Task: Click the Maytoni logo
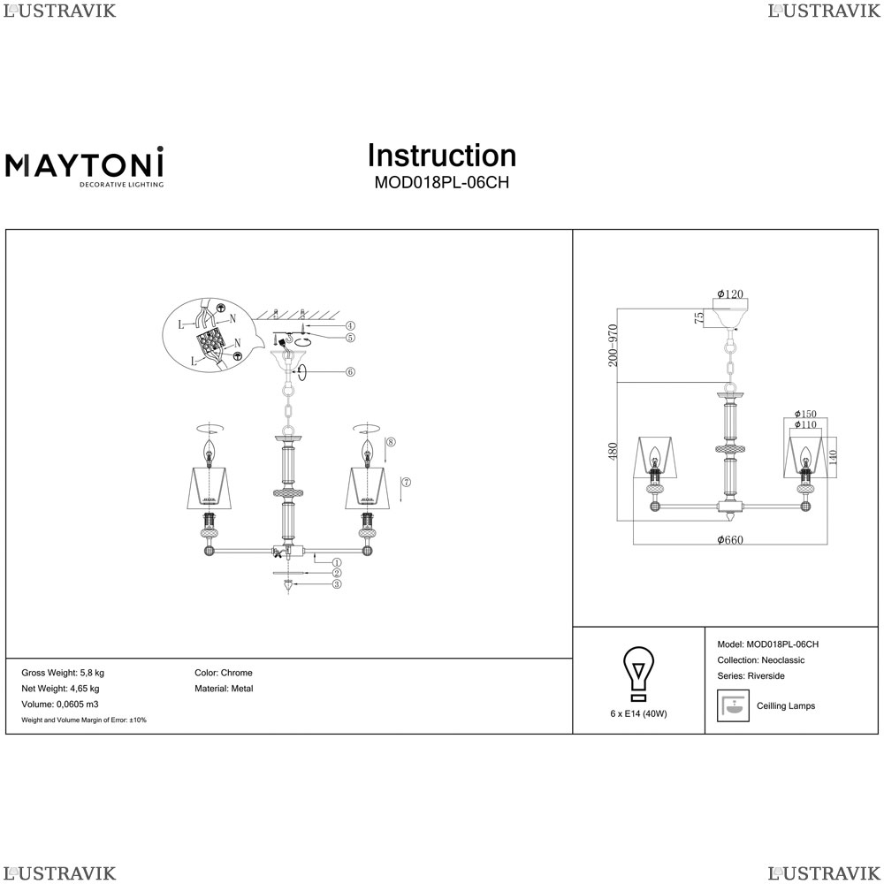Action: [85, 166]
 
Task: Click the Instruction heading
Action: [442, 156]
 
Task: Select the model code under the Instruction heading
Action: [442, 183]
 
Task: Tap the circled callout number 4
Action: [350, 326]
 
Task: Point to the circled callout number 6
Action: [350, 371]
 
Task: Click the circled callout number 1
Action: [337, 562]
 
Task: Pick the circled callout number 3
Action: [337, 584]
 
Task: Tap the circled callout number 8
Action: [392, 441]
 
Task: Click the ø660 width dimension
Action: [730, 539]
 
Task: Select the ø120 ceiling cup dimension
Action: [730, 293]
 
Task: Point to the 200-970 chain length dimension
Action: [613, 345]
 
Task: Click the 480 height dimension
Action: [613, 451]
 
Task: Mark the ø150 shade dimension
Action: [805, 414]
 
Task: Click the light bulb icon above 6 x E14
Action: [638, 674]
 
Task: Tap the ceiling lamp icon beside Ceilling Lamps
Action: [733, 705]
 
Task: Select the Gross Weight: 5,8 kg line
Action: [63, 673]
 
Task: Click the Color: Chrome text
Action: [224, 673]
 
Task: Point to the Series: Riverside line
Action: [751, 676]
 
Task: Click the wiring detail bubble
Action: [211, 336]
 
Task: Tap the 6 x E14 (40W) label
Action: [639, 713]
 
